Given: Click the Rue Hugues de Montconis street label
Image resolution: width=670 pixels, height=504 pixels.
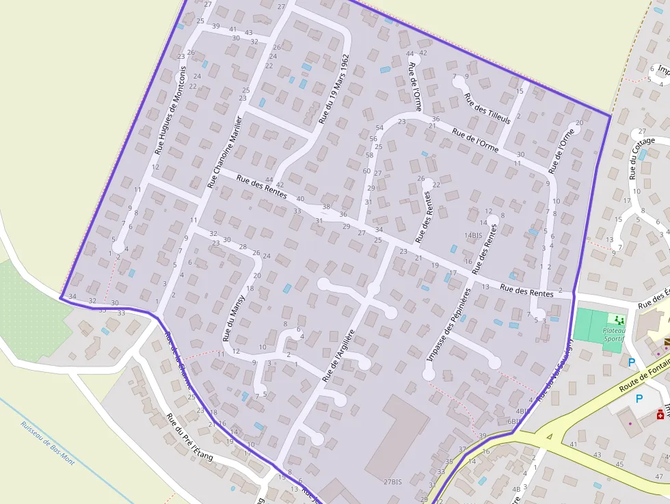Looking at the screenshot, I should (171, 109).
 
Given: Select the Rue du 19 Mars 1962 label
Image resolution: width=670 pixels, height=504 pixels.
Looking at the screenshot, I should (334, 90).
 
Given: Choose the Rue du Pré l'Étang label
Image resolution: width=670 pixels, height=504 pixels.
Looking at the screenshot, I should (190, 438).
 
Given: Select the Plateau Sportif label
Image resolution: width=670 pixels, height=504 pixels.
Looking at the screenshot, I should (614, 333).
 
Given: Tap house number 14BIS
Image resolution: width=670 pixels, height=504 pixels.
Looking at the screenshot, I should (473, 235).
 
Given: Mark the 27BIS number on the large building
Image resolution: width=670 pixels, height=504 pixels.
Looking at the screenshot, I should (392, 481).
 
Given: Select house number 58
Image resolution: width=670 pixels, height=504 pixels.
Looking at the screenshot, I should (369, 155).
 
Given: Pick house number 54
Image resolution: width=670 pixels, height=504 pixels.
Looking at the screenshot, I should (379, 128).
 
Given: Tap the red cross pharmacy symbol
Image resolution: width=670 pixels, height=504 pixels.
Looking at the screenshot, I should (660, 414).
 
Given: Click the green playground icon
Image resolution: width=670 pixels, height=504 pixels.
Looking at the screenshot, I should (619, 320).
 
